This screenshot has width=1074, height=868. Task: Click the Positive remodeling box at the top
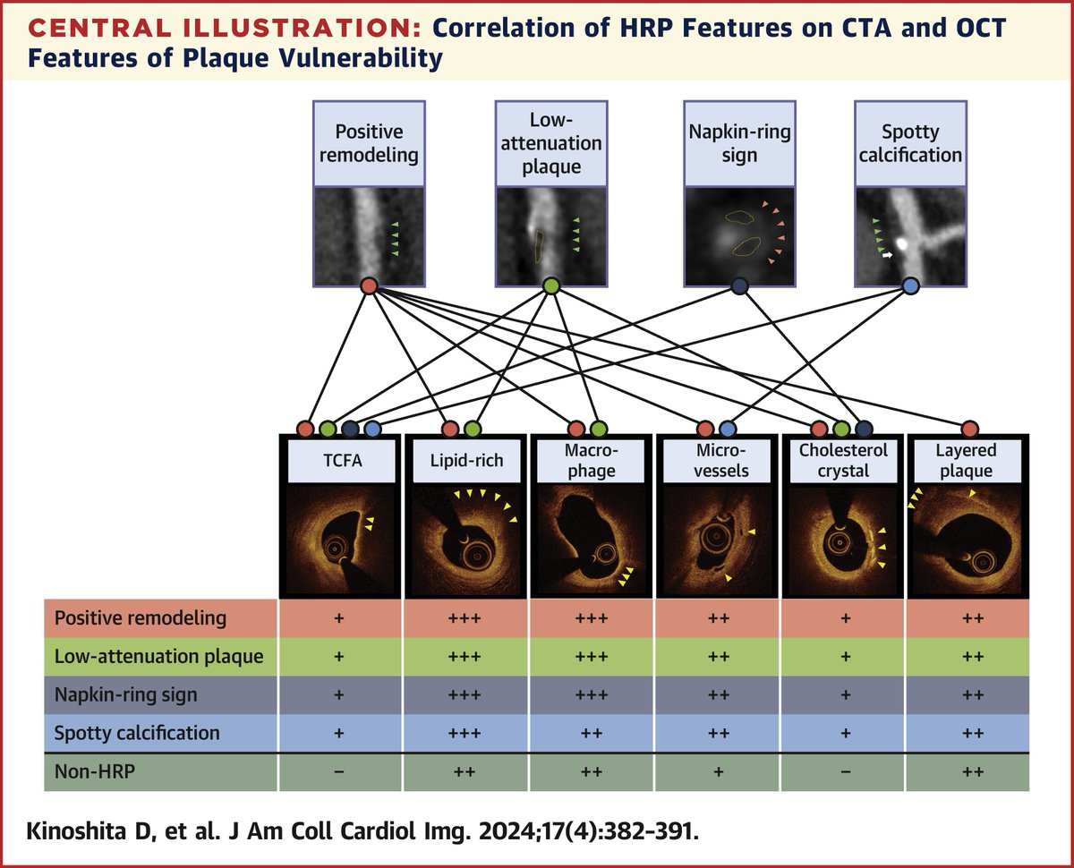(x=369, y=143)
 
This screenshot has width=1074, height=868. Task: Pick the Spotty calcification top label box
(x=908, y=143)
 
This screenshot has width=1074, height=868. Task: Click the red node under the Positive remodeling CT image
(x=369, y=286)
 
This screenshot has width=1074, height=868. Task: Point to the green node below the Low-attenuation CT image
(x=550, y=286)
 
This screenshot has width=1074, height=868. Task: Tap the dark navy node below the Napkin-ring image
(x=739, y=286)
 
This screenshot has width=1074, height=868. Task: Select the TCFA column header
(x=339, y=461)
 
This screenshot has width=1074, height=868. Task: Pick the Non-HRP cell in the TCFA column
(x=339, y=770)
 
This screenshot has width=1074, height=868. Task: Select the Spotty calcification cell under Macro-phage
(x=591, y=732)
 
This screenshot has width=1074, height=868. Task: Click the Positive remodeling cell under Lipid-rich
(x=465, y=618)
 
